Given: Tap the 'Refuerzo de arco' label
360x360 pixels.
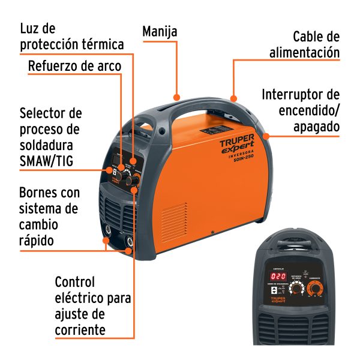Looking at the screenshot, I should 75,66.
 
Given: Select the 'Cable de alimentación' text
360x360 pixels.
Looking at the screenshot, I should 305,44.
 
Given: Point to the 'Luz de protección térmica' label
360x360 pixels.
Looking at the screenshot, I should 72,37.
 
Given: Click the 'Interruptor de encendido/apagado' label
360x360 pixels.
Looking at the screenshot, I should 301,111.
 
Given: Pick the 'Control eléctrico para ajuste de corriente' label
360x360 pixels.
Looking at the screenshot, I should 92,305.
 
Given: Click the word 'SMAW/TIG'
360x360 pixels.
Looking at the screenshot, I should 51,159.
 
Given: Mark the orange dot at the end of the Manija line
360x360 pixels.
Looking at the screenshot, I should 176,95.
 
